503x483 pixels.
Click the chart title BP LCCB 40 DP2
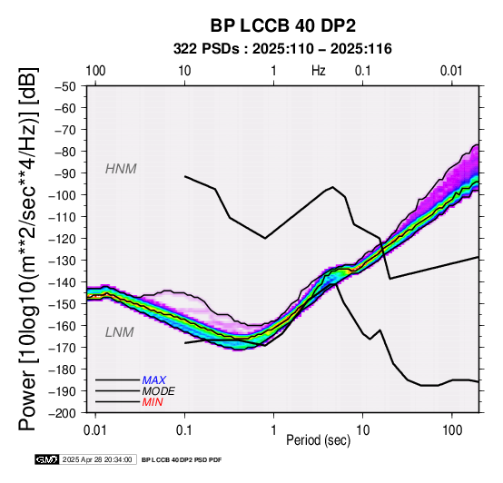283,25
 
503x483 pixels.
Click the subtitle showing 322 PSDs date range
282,49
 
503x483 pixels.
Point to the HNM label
121,169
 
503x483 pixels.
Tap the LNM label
119,332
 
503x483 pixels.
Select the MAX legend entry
154,380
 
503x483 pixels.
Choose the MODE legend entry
159,391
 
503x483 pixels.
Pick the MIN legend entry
153,402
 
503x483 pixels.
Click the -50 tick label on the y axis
65,86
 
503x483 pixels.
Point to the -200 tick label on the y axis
63,413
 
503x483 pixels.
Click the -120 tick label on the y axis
63,239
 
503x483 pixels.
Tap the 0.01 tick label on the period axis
95,430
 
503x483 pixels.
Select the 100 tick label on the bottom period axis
452,430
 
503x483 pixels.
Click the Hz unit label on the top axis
319,71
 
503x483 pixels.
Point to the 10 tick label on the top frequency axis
184,71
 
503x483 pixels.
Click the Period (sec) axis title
318,440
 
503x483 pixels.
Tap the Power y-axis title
28,249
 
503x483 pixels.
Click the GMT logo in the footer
47,459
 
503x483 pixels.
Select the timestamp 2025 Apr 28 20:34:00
97,459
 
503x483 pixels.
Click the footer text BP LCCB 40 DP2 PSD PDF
182,459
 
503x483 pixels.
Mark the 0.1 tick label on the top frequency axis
363,71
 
